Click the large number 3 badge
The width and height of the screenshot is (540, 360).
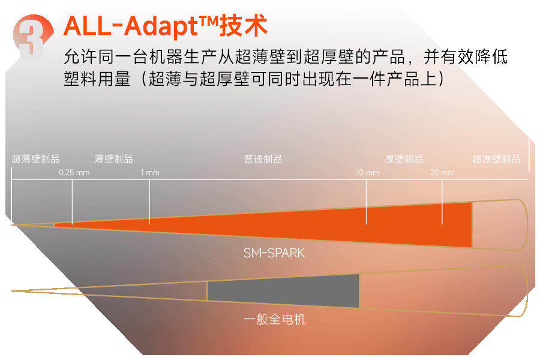click(33, 37)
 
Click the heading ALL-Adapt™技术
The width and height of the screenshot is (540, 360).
click(166, 26)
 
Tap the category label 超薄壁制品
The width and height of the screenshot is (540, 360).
click(36, 159)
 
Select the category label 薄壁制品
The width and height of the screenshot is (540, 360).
click(113, 159)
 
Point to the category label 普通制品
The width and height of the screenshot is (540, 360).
click(263, 159)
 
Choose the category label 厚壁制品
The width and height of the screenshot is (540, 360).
click(404, 159)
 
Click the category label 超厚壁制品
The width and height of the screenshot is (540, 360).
click(496, 159)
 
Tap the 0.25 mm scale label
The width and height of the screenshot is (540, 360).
click(74, 173)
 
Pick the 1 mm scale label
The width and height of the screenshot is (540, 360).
click(150, 173)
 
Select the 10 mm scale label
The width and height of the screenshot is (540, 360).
click(367, 173)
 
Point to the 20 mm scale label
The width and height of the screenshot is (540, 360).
click(442, 173)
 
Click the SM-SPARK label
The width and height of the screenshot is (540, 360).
click(274, 253)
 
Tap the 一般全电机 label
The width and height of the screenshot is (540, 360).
click(274, 319)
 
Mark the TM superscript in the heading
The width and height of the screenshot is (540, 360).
click(209, 22)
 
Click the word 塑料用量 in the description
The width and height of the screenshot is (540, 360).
click(97, 79)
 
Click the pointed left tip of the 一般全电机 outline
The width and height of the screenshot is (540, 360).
click(13, 291)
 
